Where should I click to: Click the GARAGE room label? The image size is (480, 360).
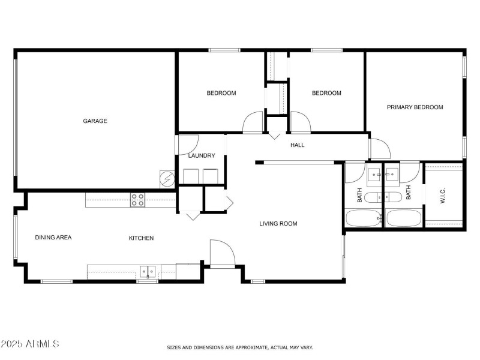pos(95,121)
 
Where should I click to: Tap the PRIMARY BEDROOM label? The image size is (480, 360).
pos(415,107)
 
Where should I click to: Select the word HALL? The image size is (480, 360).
pos(298,145)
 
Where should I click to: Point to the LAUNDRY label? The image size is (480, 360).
pos(201,156)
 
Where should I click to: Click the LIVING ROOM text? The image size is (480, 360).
pos(278,224)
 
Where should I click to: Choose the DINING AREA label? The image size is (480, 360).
pos(53,238)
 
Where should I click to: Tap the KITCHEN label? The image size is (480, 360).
pos(141,238)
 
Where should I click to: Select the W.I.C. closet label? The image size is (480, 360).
pos(442,196)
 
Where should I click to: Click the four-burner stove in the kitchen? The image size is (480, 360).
pos(137,199)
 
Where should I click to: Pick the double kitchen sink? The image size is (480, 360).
pos(148,272)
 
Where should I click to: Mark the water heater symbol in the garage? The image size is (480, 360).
pos(166,178)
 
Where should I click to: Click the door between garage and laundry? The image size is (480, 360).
pos(187,144)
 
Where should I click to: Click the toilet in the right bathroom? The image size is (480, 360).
pos(394,197)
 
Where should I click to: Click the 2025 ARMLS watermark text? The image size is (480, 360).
pos(29,344)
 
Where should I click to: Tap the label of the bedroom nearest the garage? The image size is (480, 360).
pos(221,93)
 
